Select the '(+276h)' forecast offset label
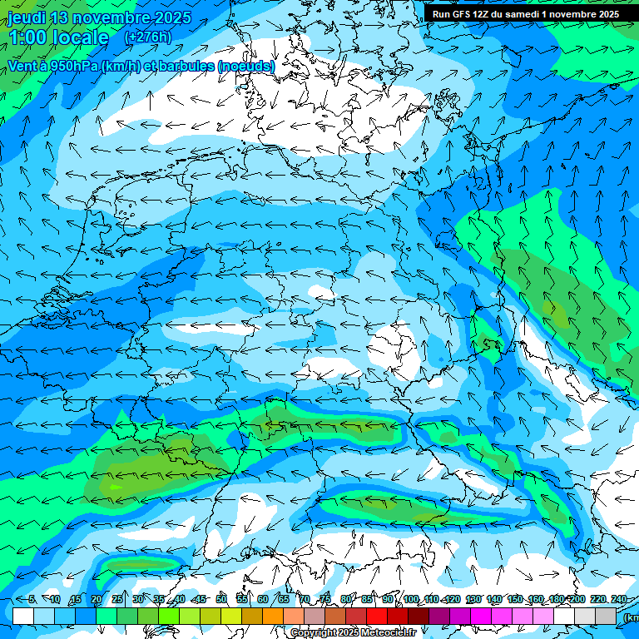(x=147, y=37)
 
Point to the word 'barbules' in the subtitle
(x=186, y=66)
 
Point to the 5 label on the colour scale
(x=32, y=599)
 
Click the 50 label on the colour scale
(x=220, y=599)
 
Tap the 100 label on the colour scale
(x=410, y=599)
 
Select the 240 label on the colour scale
(x=618, y=599)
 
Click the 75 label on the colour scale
(x=324, y=599)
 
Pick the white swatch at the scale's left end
(x=23, y=616)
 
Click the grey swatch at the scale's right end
(x=606, y=616)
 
